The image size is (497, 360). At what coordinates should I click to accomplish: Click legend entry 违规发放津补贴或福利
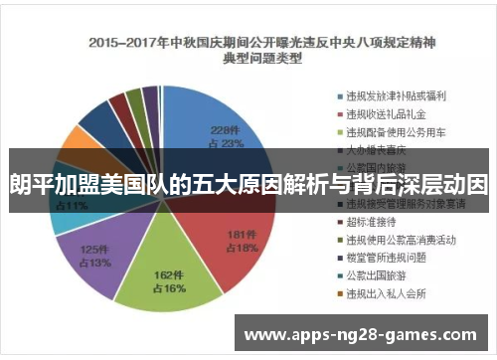click(389, 96)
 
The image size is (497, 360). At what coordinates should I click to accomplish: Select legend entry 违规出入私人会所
click(382, 293)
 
